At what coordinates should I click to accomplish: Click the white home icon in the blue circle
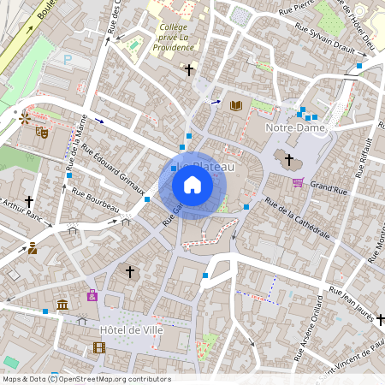pos(192,185)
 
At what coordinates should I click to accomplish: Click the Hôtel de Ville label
pos(131,330)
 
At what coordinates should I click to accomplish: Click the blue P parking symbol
pos(68,59)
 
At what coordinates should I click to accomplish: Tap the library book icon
pos(236,105)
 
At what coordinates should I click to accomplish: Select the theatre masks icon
pos(41,132)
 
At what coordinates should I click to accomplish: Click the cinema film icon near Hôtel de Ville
pos(100,347)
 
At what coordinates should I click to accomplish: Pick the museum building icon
pos(62,305)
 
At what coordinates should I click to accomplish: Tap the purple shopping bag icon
pos(92,295)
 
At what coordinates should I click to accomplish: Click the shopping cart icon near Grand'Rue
pos(298,182)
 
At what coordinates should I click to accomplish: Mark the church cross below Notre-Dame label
pos(289,159)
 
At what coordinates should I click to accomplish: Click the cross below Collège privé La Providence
pos(188,69)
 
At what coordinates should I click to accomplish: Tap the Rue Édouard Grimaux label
pos(112,169)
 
